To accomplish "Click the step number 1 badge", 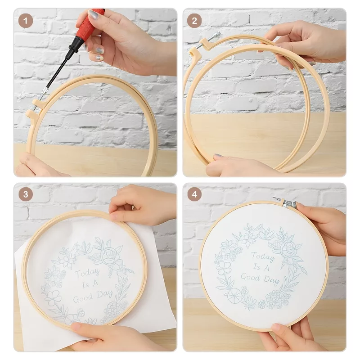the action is coord(26,21).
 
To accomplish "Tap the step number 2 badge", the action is coord(194,21).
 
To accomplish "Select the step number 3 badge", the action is coord(26,194).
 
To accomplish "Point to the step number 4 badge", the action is coord(194,194).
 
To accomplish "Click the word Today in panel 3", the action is coord(87,273).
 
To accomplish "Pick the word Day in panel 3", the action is coord(105,294).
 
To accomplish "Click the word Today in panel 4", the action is coord(263,256).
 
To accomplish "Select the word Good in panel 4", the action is coord(251,277).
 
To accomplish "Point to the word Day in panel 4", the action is coord(272,280).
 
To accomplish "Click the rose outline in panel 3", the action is coord(108,256).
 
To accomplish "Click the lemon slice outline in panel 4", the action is coord(234,295).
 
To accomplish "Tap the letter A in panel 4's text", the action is coord(266,267).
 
